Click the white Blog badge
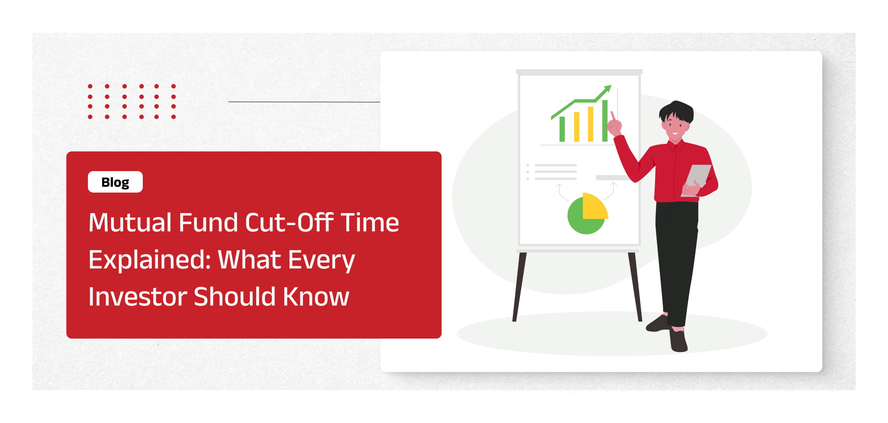pos(115,182)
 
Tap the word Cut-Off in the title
pos(289,222)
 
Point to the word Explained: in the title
pos(149,260)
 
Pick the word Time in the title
pos(370,222)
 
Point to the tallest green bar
pos(605,121)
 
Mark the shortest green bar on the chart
pos(562,129)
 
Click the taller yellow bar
pos(590,124)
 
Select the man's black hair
pos(676,111)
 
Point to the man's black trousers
pos(677,264)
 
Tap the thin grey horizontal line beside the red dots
pos(304,102)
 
